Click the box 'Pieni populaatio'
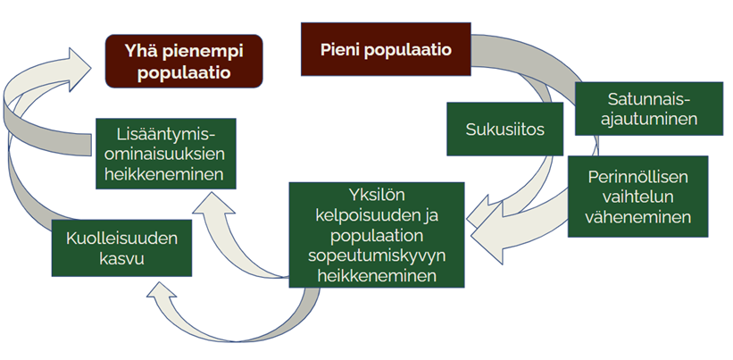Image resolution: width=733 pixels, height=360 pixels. click(x=386, y=49)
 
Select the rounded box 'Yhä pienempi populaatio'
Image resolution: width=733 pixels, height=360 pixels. click(x=184, y=62)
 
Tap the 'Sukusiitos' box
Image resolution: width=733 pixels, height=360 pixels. click(x=504, y=129)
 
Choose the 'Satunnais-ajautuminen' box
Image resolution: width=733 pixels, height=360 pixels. click(x=649, y=109)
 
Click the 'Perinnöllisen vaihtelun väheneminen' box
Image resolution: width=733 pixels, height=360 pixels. click(x=638, y=197)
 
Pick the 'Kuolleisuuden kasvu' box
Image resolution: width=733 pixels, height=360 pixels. click(x=121, y=247)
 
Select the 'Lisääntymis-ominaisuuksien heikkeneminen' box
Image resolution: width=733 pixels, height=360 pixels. click(x=166, y=154)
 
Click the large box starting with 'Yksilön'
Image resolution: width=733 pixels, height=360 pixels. click(x=377, y=235)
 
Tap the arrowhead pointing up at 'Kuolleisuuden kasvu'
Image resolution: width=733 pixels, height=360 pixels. click(x=162, y=289)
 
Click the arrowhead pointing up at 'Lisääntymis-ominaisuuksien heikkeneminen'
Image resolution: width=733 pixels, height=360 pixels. click(x=213, y=203)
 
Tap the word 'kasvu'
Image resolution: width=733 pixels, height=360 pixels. click(x=121, y=258)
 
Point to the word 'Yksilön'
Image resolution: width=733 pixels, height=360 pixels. click(x=376, y=196)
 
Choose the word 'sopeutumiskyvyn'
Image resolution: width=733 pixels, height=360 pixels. click(x=377, y=256)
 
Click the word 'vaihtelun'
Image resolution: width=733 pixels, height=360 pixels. click(x=637, y=197)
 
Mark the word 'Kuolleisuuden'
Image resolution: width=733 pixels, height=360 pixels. click(x=121, y=238)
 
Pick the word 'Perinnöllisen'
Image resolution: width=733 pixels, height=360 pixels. click(x=638, y=177)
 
